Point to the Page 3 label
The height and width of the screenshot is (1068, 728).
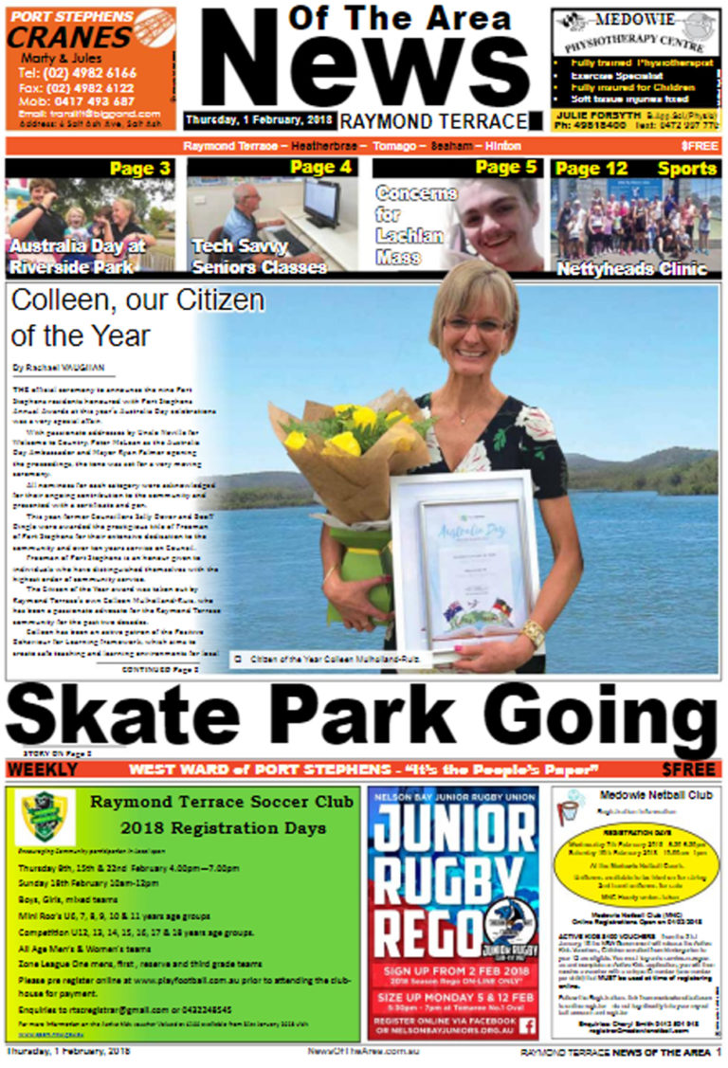[x=140, y=170]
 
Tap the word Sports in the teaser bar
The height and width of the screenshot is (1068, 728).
[x=687, y=169]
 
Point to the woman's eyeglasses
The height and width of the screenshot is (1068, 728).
[x=478, y=325]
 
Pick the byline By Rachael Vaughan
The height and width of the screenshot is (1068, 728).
[x=58, y=366]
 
